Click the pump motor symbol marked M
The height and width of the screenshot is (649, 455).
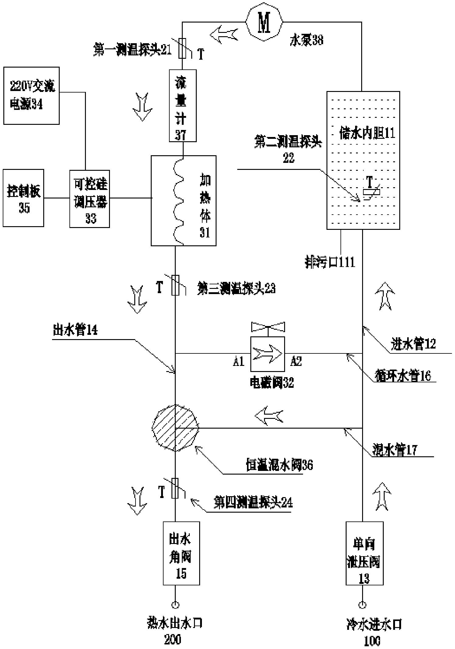tap(264, 22)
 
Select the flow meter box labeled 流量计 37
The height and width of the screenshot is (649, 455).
tap(182, 105)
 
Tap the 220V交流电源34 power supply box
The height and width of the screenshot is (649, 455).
tap(31, 96)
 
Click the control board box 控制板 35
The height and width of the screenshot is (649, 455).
tap(23, 198)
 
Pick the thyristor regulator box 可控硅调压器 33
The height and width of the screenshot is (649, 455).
tap(90, 199)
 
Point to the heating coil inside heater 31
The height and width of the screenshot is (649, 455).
tap(179, 201)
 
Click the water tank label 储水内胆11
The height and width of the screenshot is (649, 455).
tap(367, 133)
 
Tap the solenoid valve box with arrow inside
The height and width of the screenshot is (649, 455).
tap(267, 354)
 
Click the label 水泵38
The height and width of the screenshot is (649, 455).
tap(306, 40)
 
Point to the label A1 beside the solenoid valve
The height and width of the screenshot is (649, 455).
tap(239, 361)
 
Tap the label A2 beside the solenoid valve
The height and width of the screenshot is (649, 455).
tap(296, 361)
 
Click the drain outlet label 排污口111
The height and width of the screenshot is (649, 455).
tap(330, 262)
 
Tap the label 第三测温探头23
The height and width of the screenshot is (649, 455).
tap(236, 288)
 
